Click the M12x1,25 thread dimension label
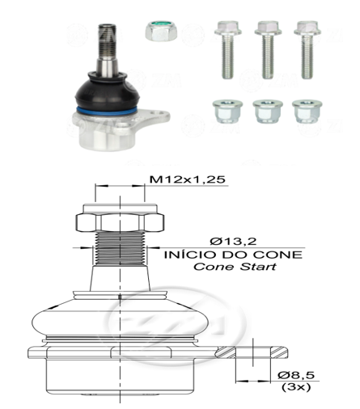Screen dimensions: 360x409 point(188,179)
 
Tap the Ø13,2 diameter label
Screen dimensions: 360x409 point(233,241)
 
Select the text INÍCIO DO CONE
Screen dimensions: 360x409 point(234,255)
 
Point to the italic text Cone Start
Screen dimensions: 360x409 point(235,267)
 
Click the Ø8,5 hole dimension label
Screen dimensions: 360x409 point(296,375)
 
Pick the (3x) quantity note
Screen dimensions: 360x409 point(296,387)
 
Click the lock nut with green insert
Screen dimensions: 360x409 point(161,31)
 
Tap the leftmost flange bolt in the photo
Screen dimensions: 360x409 point(228,50)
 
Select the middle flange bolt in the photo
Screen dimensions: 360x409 point(268,50)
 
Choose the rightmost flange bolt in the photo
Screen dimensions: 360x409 point(307,50)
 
